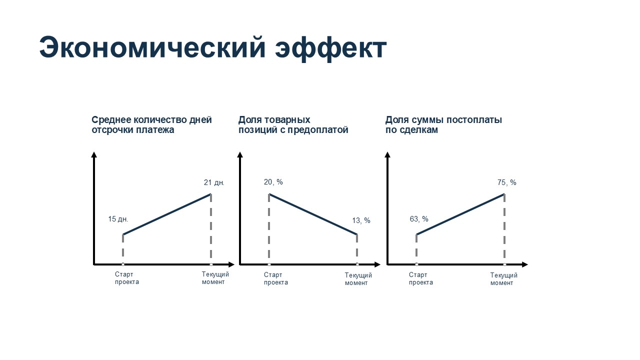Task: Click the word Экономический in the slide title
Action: pyautogui.click(x=152, y=47)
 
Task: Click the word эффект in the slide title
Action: pyautogui.click(x=331, y=48)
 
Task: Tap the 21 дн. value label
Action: pyautogui.click(x=214, y=182)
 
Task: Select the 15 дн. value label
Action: pyautogui.click(x=118, y=219)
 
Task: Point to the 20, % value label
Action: pyautogui.click(x=273, y=182)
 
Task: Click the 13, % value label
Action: pyautogui.click(x=361, y=220)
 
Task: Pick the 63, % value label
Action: pyautogui.click(x=419, y=219)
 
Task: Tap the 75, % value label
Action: pyautogui.click(x=507, y=182)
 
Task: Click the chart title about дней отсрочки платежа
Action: pyautogui.click(x=151, y=124)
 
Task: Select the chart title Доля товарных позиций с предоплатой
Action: pyautogui.click(x=293, y=124)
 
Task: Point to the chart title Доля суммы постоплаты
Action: pyautogui.click(x=443, y=124)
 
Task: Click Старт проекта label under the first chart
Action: pyautogui.click(x=127, y=278)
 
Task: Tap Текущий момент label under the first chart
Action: pyautogui.click(x=215, y=278)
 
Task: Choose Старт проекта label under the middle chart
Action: pyautogui.click(x=275, y=278)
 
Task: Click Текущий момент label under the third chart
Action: pyautogui.click(x=504, y=279)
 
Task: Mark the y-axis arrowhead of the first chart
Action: pyautogui.click(x=93, y=154)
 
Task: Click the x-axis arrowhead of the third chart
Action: pyautogui.click(x=525, y=264)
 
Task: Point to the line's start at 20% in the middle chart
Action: pyautogui.click(x=269, y=194)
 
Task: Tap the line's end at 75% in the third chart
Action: pyautogui.click(x=504, y=194)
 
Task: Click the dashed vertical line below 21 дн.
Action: pyautogui.click(x=211, y=229)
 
